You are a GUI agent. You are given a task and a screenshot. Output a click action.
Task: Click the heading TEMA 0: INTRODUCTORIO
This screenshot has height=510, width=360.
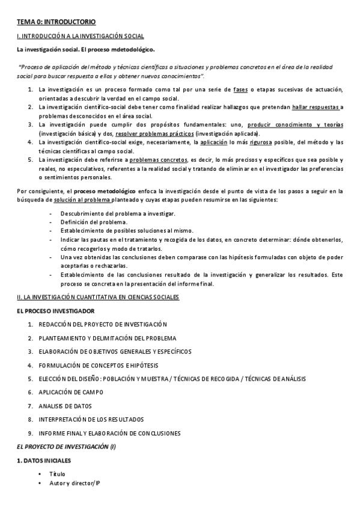tap(55, 22)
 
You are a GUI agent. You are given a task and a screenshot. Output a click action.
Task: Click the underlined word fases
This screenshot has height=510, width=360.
tap(240, 90)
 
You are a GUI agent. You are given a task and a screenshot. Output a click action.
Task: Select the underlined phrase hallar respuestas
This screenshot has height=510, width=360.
tap(316, 107)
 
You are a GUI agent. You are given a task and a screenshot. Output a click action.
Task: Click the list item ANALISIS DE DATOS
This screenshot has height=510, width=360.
tap(65, 405)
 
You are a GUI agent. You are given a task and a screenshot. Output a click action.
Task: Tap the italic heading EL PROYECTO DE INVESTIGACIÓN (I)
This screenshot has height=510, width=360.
tap(66, 446)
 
